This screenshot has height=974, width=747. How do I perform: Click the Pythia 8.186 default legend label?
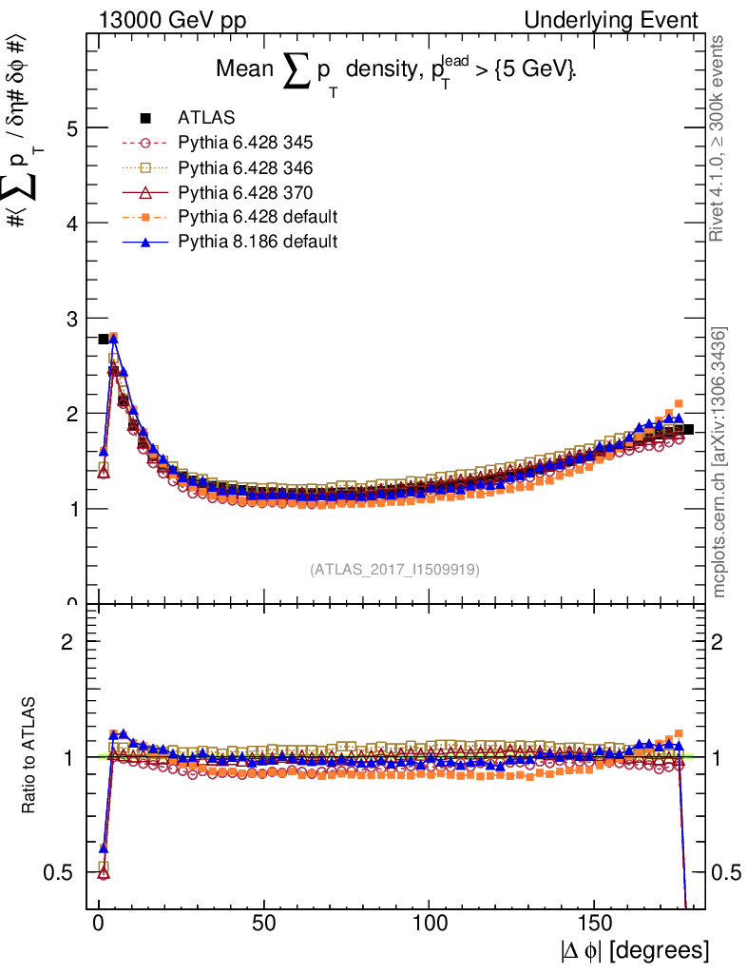(257, 242)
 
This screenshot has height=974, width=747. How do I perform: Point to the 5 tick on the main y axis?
(68, 128)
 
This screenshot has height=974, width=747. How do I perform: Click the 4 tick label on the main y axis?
(68, 224)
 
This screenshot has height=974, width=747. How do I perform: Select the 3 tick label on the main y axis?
(68, 319)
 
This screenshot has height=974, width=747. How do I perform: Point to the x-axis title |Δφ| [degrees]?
(633, 950)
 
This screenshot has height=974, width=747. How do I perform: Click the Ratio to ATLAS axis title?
(29, 756)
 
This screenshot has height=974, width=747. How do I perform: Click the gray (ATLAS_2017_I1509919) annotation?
(394, 570)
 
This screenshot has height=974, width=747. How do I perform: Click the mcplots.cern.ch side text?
(719, 462)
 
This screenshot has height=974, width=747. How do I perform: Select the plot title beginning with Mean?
(396, 71)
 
